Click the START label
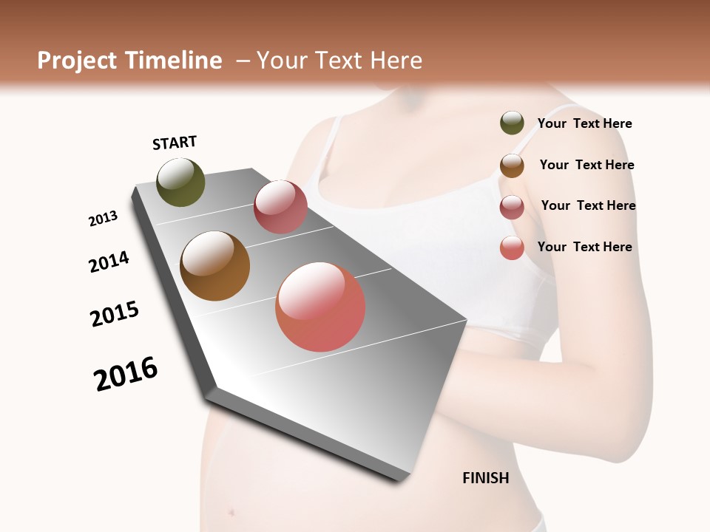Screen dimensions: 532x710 pyautogui.click(x=175, y=143)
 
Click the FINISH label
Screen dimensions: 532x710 pyautogui.click(x=486, y=478)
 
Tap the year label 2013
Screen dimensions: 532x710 pyautogui.click(x=103, y=219)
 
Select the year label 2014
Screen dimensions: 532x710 pyautogui.click(x=109, y=262)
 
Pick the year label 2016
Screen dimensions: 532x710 pyautogui.click(x=126, y=374)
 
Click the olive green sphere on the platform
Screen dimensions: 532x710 pyautogui.click(x=180, y=183)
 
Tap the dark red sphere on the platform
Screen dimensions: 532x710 pyautogui.click(x=280, y=207)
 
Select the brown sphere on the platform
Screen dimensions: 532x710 pyautogui.click(x=214, y=266)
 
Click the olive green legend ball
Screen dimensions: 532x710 pyautogui.click(x=512, y=123)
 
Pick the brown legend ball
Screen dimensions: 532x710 pyautogui.click(x=512, y=166)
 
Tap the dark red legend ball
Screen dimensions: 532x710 pyautogui.click(x=512, y=207)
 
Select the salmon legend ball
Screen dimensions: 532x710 pyautogui.click(x=512, y=248)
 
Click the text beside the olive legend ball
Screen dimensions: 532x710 pyautogui.click(x=584, y=123)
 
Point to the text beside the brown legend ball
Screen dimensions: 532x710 pyautogui.click(x=586, y=165)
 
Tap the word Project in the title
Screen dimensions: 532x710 pyautogui.click(x=77, y=61)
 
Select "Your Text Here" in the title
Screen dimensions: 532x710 pyautogui.click(x=339, y=61)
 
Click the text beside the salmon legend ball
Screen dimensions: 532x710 pyautogui.click(x=584, y=247)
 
